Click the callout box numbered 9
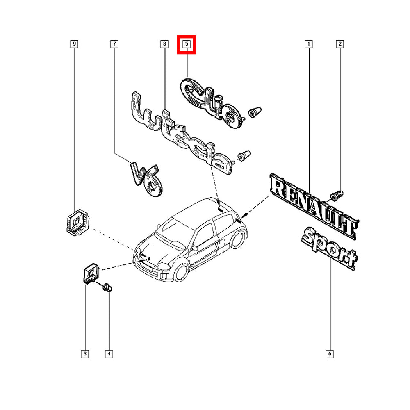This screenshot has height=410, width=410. (74, 44)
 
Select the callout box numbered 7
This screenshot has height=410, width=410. (114, 44)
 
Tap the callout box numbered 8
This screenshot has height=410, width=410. (164, 44)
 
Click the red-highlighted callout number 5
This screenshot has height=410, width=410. (187, 44)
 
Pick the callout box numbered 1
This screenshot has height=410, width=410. (309, 44)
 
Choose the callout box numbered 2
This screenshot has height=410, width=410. (339, 44)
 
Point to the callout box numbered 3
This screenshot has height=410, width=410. (85, 354)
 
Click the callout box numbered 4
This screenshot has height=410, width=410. (109, 354)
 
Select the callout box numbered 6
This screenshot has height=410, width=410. (330, 354)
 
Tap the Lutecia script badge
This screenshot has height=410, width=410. (180, 133)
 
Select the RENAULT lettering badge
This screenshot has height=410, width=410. (314, 206)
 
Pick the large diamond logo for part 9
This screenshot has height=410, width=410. (77, 222)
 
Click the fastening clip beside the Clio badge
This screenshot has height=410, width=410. (255, 112)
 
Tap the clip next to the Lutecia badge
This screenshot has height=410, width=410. (244, 156)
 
